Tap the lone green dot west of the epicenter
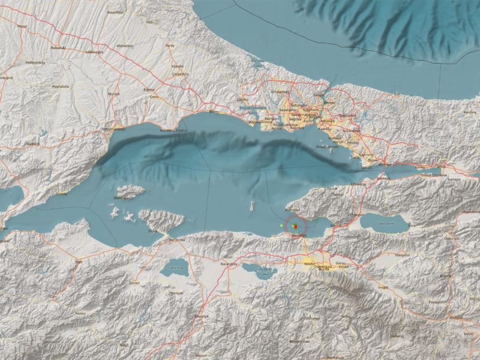(x=281, y=225)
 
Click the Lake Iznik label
(x=385, y=224)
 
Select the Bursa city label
(x=310, y=268)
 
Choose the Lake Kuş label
(x=176, y=268)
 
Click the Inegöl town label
(x=383, y=287)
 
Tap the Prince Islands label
(x=328, y=146)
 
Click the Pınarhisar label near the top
(x=116, y=12)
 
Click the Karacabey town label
(x=229, y=264)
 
